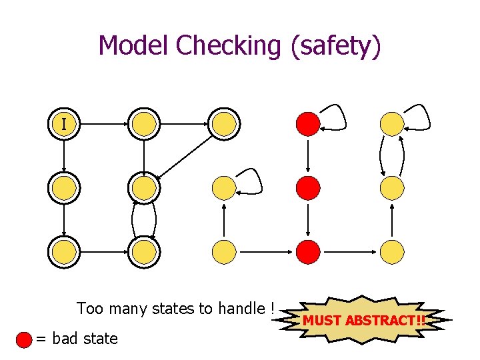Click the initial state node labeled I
[x=64, y=124]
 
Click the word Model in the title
[x=133, y=45]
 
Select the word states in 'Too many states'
[x=173, y=308]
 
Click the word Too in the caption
[x=89, y=308]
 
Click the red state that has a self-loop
[x=308, y=123]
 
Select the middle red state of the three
[x=308, y=187]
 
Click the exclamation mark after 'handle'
[x=273, y=308]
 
